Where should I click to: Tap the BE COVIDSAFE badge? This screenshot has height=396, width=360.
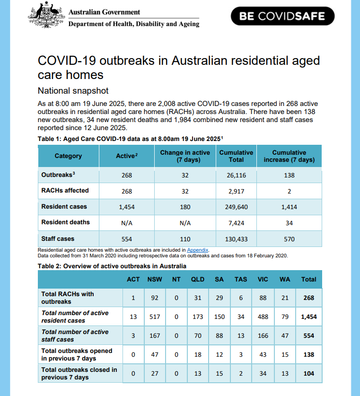tap(282, 16)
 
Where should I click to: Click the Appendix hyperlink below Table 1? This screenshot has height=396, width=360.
tap(198, 250)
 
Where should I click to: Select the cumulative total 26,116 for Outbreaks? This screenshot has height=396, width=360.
tap(236, 175)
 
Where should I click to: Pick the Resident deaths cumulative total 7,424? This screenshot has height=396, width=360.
tap(236, 222)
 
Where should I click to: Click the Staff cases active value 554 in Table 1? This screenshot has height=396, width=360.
tap(126, 239)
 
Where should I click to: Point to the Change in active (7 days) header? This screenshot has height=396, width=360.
tap(184, 156)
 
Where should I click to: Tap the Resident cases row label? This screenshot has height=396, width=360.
tap(64, 206)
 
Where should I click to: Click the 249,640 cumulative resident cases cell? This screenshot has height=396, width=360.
tap(236, 207)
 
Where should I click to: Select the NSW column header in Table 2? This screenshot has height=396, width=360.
tap(155, 279)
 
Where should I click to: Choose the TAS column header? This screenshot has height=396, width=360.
tap(241, 279)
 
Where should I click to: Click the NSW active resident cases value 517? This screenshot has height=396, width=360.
tap(155, 317)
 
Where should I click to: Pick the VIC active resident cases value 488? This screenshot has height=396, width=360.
tap(263, 317)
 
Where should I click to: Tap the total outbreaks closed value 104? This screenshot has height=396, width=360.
tap(308, 374)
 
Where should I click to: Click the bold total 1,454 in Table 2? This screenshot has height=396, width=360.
tap(308, 317)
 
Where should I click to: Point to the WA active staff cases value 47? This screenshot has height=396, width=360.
tap(284, 336)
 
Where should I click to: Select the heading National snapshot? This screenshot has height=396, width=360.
tap(73, 90)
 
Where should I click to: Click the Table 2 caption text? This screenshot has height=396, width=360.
tap(112, 266)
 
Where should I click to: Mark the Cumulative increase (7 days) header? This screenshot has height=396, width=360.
tap(289, 156)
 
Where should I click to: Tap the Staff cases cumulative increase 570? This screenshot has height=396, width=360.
tap(289, 239)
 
